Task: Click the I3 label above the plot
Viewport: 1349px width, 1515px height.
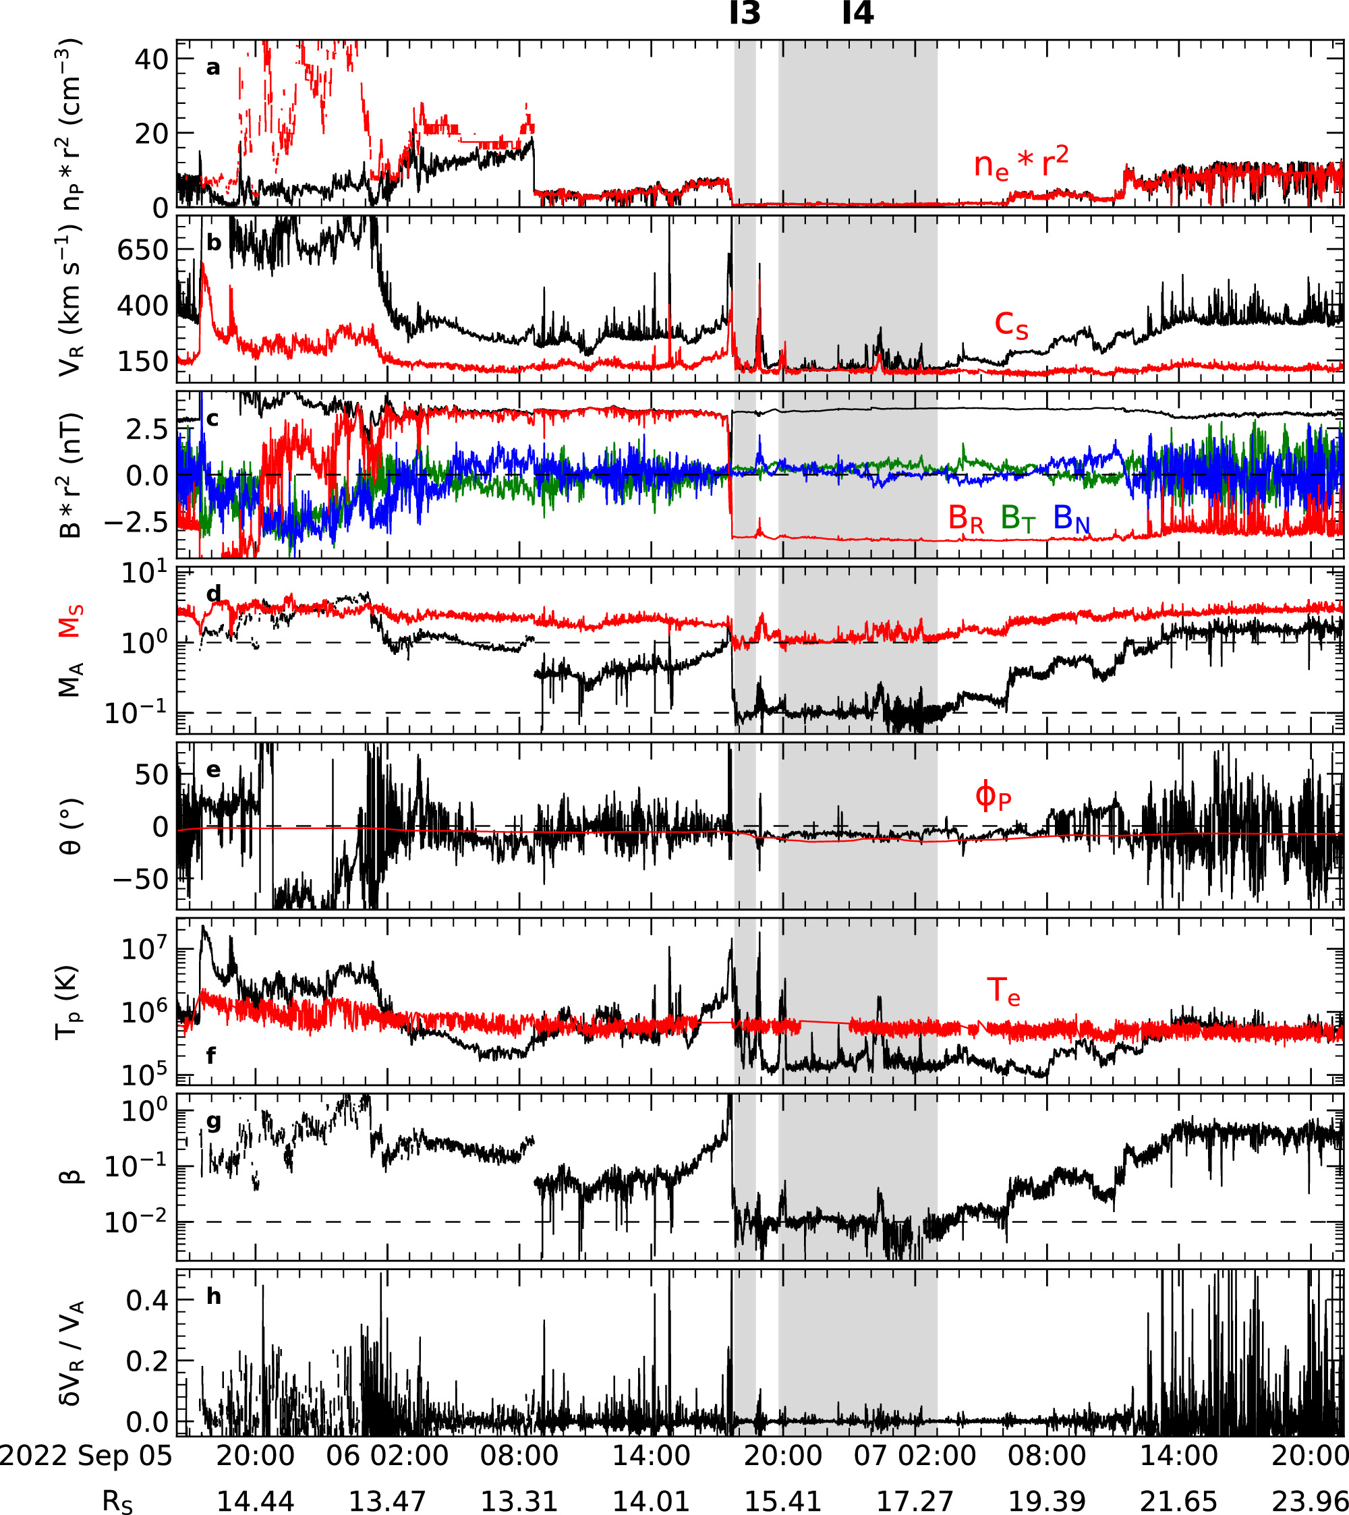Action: [x=745, y=13]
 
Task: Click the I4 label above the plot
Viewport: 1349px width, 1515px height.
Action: [x=859, y=13]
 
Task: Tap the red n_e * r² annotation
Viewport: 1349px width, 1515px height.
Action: [x=1021, y=163]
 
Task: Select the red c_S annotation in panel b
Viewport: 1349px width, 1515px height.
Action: [x=1011, y=324]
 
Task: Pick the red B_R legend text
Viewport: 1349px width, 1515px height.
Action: [x=966, y=518]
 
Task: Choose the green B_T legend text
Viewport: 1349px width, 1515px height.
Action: [x=1018, y=518]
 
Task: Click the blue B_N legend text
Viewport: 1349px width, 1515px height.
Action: [x=1071, y=518]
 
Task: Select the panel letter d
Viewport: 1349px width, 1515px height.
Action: [x=213, y=594]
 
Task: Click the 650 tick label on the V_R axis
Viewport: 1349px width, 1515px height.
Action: [x=143, y=250]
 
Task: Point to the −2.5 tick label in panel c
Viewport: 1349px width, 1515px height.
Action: [x=136, y=523]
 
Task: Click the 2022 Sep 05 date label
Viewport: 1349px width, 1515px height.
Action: [x=85, y=1455]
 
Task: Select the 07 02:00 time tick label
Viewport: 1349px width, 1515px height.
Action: [x=915, y=1455]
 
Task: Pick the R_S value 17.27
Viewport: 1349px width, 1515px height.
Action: [x=915, y=1501]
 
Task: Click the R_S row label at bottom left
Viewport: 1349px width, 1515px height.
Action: [x=117, y=1502]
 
